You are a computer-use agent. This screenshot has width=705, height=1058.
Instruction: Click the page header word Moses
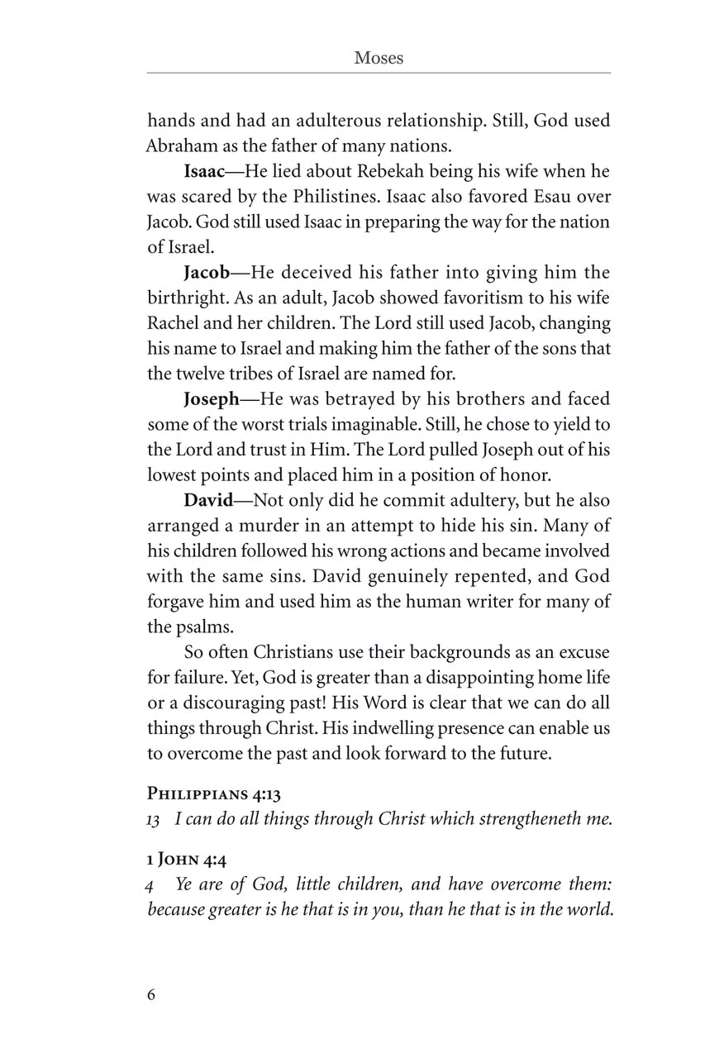[x=379, y=58]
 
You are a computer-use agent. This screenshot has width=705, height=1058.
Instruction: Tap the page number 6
[x=151, y=994]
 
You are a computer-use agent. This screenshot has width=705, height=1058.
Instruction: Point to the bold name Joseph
[x=211, y=399]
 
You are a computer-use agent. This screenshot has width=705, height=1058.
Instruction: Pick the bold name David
[x=207, y=500]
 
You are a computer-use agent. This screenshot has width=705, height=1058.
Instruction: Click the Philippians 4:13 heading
[x=214, y=795]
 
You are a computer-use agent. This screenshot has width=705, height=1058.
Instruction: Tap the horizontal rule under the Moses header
[x=379, y=73]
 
